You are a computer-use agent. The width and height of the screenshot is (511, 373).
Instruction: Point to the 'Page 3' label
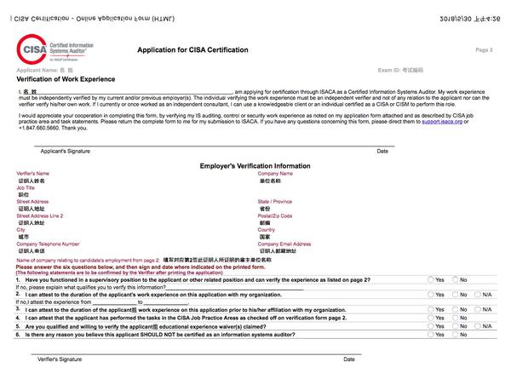click(484, 50)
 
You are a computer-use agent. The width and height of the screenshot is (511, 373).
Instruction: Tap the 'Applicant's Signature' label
click(65, 151)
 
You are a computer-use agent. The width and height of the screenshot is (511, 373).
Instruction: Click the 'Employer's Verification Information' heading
click(255, 166)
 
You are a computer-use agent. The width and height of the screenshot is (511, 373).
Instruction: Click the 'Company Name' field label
click(275, 174)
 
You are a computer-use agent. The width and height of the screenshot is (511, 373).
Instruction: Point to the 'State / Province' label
click(275, 202)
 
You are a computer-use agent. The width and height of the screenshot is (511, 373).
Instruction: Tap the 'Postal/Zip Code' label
click(275, 216)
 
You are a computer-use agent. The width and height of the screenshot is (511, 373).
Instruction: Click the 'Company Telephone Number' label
click(48, 244)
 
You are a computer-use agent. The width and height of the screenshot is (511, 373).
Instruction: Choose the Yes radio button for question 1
click(430, 279)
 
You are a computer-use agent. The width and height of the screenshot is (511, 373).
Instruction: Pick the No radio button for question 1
click(454, 279)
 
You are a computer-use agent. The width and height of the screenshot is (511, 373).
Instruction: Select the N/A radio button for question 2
click(478, 294)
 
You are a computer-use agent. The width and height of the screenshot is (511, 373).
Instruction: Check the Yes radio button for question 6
click(430, 335)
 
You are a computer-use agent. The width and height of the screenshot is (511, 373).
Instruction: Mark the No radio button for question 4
click(454, 317)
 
